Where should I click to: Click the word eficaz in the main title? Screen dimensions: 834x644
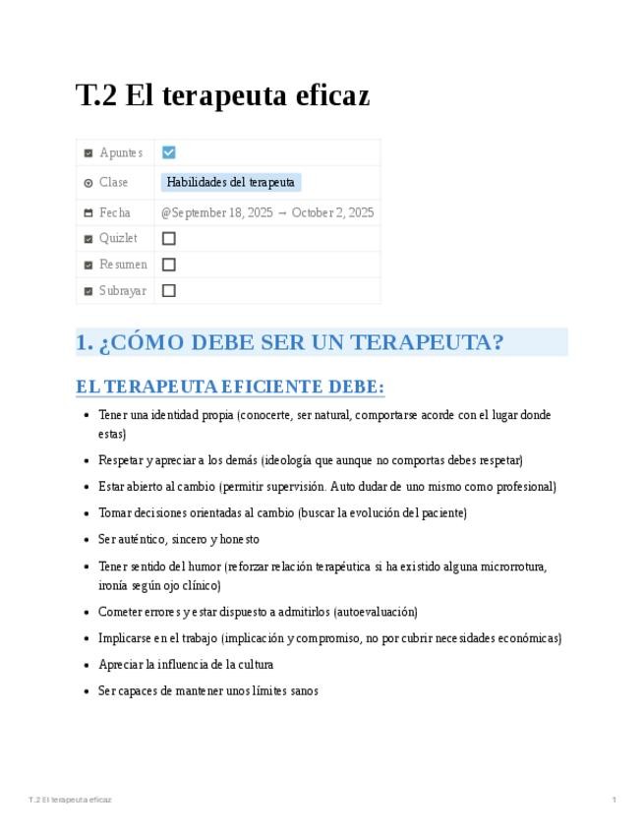[330, 96]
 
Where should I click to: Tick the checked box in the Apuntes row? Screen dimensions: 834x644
[169, 152]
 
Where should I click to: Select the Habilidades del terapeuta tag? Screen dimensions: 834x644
[230, 182]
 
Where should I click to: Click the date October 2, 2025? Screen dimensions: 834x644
[332, 212]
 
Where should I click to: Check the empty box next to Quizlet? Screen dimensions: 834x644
[169, 238]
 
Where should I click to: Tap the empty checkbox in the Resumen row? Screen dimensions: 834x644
[169, 265]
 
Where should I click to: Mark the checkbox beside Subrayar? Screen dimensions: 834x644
[169, 290]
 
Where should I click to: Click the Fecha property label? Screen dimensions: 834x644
[114, 212]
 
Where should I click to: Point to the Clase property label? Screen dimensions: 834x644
[113, 182]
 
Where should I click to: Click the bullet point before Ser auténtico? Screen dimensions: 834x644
[88, 540]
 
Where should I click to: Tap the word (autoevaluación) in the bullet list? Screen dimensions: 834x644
[376, 612]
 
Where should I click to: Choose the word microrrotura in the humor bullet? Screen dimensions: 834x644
[510, 566]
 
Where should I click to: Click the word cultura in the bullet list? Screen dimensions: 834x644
[254, 665]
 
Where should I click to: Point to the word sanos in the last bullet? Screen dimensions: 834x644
[305, 691]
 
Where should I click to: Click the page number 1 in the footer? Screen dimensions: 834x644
[614, 800]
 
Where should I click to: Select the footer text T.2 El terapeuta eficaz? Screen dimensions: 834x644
[70, 800]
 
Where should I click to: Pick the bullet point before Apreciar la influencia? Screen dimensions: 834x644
[88, 665]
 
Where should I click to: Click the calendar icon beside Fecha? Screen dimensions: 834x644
[88, 212]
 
